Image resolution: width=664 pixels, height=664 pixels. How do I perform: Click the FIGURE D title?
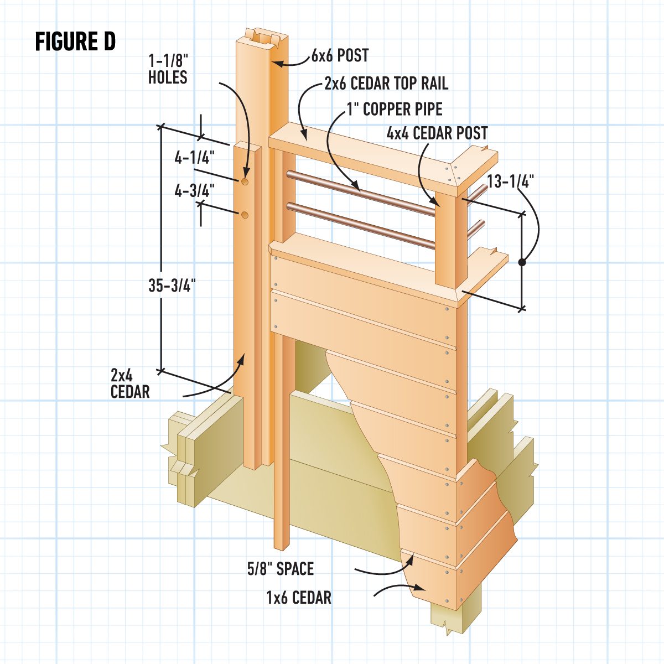click(x=75, y=41)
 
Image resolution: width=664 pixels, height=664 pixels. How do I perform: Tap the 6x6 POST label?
click(x=340, y=55)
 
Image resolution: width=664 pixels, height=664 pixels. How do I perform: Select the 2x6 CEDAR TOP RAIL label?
click(x=386, y=84)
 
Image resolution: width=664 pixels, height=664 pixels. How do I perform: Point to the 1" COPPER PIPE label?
click(x=395, y=109)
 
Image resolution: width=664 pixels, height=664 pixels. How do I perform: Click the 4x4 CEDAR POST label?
click(x=437, y=133)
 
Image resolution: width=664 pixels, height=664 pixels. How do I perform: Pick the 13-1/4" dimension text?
click(x=511, y=181)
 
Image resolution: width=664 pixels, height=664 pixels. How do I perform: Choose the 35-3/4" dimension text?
click(x=172, y=286)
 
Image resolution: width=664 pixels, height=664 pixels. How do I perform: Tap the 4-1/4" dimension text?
click(x=194, y=158)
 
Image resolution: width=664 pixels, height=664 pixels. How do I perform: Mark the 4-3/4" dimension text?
click(x=194, y=191)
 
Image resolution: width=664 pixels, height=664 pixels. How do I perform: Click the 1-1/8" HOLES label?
click(x=168, y=69)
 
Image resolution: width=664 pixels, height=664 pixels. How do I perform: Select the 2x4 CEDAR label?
click(x=130, y=383)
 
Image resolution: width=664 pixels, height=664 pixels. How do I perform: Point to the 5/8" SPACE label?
click(x=281, y=569)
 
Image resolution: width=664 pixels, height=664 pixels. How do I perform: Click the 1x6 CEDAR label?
click(x=299, y=598)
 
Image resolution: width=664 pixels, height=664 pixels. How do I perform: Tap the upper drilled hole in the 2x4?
click(x=244, y=181)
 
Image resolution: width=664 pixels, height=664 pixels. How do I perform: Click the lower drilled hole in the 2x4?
click(x=244, y=214)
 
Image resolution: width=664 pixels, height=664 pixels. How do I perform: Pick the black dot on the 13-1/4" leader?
click(x=521, y=263)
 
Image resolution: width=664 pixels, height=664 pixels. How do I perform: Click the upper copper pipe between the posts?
click(x=360, y=191)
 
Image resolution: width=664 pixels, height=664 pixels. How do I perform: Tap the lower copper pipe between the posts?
click(x=360, y=224)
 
